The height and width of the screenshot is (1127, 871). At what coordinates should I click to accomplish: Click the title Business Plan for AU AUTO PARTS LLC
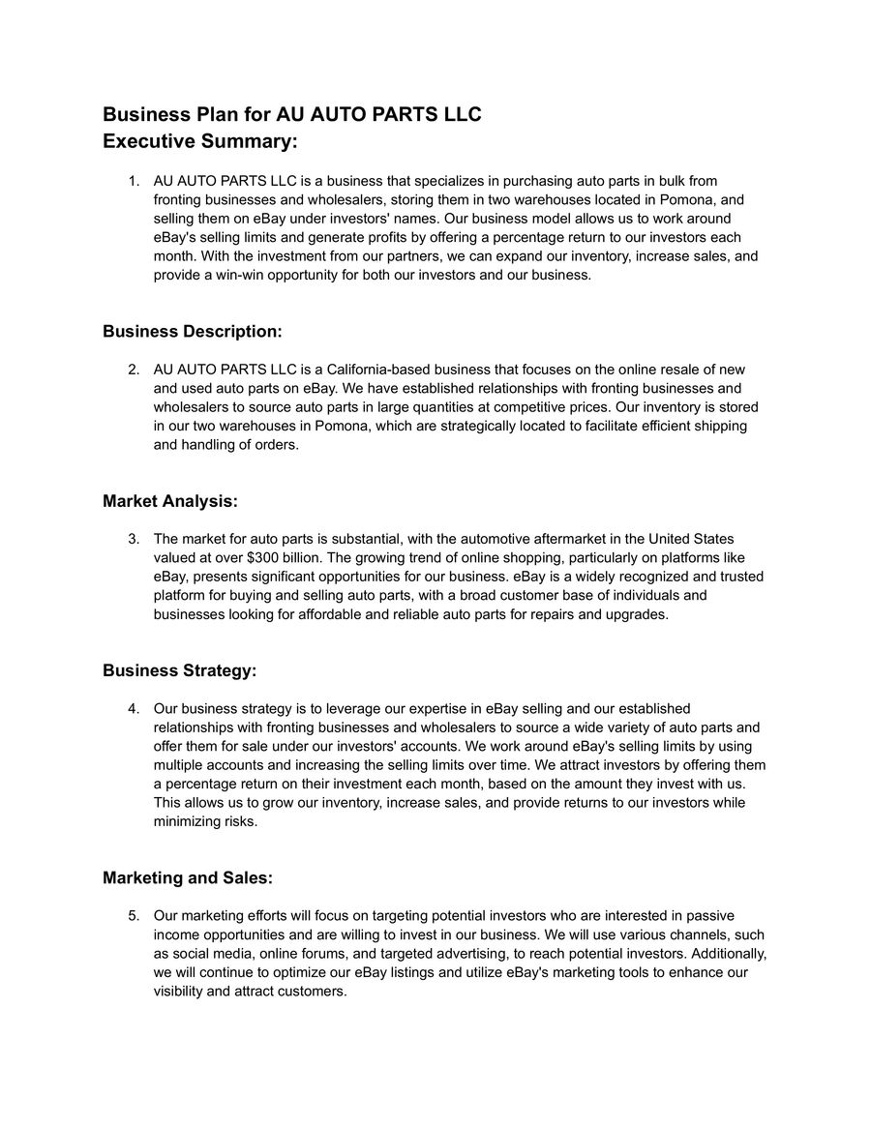pyautogui.click(x=291, y=115)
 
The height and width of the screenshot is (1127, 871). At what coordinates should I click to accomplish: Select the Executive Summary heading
pyautogui.click(x=200, y=142)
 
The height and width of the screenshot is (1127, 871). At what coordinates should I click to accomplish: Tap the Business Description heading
pyautogui.click(x=193, y=332)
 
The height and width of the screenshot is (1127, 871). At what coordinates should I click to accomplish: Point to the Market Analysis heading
pyautogui.click(x=170, y=501)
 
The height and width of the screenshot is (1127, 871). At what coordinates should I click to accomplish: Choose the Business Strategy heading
pyautogui.click(x=180, y=670)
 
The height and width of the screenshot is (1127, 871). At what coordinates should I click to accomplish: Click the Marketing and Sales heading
pyautogui.click(x=188, y=878)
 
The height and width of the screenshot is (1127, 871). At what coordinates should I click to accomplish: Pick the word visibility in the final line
pyautogui.click(x=179, y=992)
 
